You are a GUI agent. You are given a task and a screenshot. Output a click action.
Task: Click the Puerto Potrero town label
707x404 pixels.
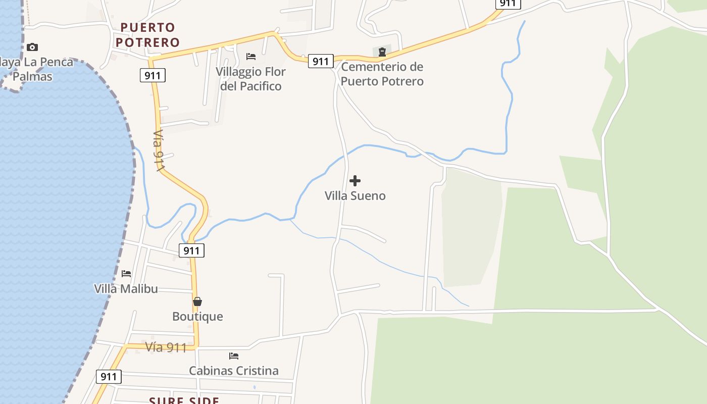click(147, 35)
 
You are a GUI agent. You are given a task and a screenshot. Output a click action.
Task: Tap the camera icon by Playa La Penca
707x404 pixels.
click(32, 47)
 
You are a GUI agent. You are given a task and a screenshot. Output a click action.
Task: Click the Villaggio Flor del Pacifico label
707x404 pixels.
click(250, 79)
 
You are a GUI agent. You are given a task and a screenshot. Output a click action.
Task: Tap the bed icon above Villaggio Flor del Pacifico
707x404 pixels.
click(251, 56)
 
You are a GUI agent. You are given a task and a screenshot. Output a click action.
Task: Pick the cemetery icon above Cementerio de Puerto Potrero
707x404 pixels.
click(382, 52)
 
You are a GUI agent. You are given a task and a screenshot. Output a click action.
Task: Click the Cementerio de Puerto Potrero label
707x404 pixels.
click(382, 74)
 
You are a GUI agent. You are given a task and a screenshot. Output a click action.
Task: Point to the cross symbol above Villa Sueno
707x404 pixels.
click(355, 181)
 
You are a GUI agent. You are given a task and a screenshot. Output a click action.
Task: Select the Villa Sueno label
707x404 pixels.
click(355, 196)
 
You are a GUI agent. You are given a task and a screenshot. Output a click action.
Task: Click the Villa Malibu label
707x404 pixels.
click(126, 289)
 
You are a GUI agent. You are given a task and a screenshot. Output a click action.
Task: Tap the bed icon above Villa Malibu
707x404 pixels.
click(126, 274)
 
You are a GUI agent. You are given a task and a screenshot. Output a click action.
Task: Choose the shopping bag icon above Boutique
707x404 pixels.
click(197, 301)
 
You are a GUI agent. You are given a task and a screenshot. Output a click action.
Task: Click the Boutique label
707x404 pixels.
click(197, 317)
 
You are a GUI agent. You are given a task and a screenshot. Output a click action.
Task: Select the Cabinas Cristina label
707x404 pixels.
click(234, 371)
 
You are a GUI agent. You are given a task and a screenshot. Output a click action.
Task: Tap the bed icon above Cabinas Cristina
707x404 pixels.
click(234, 356)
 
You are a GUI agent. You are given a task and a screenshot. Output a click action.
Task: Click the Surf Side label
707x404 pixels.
click(184, 400)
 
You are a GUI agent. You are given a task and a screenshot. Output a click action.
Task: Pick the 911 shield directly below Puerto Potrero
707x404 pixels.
click(153, 76)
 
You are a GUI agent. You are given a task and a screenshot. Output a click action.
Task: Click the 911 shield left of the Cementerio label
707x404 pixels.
click(320, 62)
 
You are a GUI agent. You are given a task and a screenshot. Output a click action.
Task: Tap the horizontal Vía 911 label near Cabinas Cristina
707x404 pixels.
click(166, 347)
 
